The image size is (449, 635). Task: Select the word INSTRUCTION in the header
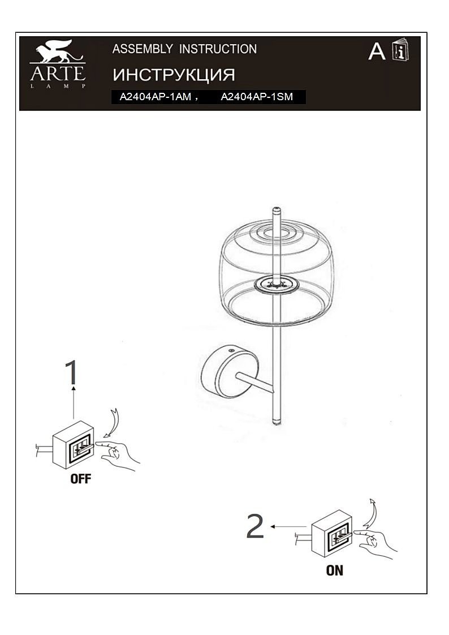pos(218,49)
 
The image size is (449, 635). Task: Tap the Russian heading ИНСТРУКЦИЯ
pos(174,75)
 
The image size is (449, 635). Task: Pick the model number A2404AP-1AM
pos(156,97)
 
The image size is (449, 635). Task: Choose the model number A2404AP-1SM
pos(257,97)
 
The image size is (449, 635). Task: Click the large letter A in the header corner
pos(377,52)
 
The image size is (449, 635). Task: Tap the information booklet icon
pos(400,50)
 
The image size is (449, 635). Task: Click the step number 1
pos(72,372)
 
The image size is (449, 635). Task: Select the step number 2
pos(255,526)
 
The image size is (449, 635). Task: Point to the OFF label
pos(80,479)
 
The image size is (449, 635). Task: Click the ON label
pos(335,570)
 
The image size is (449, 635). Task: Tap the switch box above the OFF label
pos(73,445)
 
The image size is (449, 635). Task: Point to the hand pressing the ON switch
pos(375,543)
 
